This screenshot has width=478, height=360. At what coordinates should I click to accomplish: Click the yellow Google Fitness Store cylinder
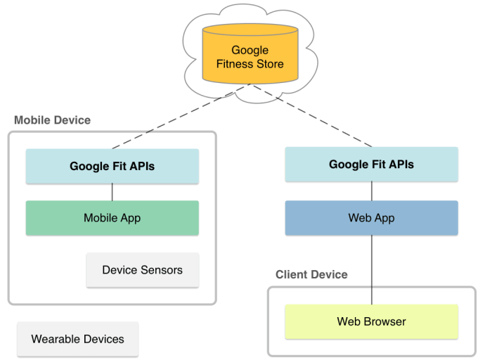click(250, 56)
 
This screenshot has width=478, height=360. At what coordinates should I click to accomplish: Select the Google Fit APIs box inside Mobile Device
click(112, 167)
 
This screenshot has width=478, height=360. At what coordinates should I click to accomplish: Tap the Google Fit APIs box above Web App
click(371, 165)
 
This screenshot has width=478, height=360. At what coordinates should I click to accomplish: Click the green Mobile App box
click(112, 217)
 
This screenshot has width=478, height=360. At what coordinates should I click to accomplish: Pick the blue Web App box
click(371, 217)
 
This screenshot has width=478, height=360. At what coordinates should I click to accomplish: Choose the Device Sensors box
click(142, 270)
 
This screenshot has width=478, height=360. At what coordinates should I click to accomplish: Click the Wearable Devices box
click(77, 339)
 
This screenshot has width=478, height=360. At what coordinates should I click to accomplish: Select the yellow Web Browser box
click(371, 322)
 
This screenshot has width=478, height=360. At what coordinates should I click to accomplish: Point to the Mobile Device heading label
click(53, 120)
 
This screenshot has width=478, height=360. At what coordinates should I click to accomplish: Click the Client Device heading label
click(311, 274)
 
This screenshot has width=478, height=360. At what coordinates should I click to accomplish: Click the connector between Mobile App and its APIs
click(112, 192)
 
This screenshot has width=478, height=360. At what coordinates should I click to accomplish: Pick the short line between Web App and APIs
click(371, 191)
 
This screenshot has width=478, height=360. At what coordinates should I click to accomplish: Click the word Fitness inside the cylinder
click(236, 64)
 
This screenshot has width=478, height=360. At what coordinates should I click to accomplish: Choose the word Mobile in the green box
click(99, 217)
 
